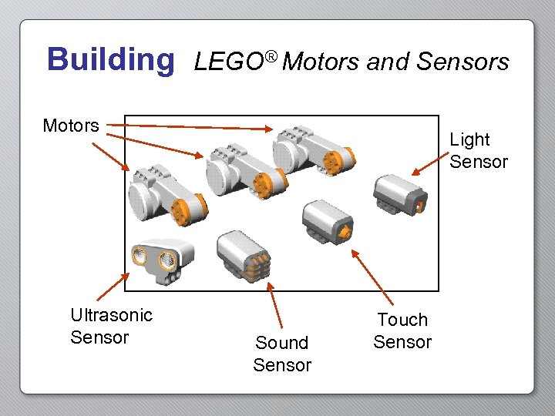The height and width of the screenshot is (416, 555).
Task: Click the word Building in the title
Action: pyautogui.click(x=111, y=59)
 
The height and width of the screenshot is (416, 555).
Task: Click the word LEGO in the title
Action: pyautogui.click(x=229, y=62)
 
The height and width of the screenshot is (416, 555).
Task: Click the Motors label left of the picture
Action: pyautogui.click(x=71, y=126)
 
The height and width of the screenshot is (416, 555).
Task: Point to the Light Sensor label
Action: pyautogui.click(x=479, y=151)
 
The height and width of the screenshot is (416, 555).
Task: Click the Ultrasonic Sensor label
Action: pyautogui.click(x=111, y=326)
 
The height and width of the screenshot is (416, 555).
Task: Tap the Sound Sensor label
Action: pyautogui.click(x=282, y=354)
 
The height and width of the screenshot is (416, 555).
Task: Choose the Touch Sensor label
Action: pyautogui.click(x=402, y=330)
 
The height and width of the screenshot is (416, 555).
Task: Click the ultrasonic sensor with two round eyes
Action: pyautogui.click(x=160, y=257)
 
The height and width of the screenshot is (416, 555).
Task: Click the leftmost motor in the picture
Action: pyautogui.click(x=165, y=193)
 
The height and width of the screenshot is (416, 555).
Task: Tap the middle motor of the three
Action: pyautogui.click(x=244, y=169)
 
